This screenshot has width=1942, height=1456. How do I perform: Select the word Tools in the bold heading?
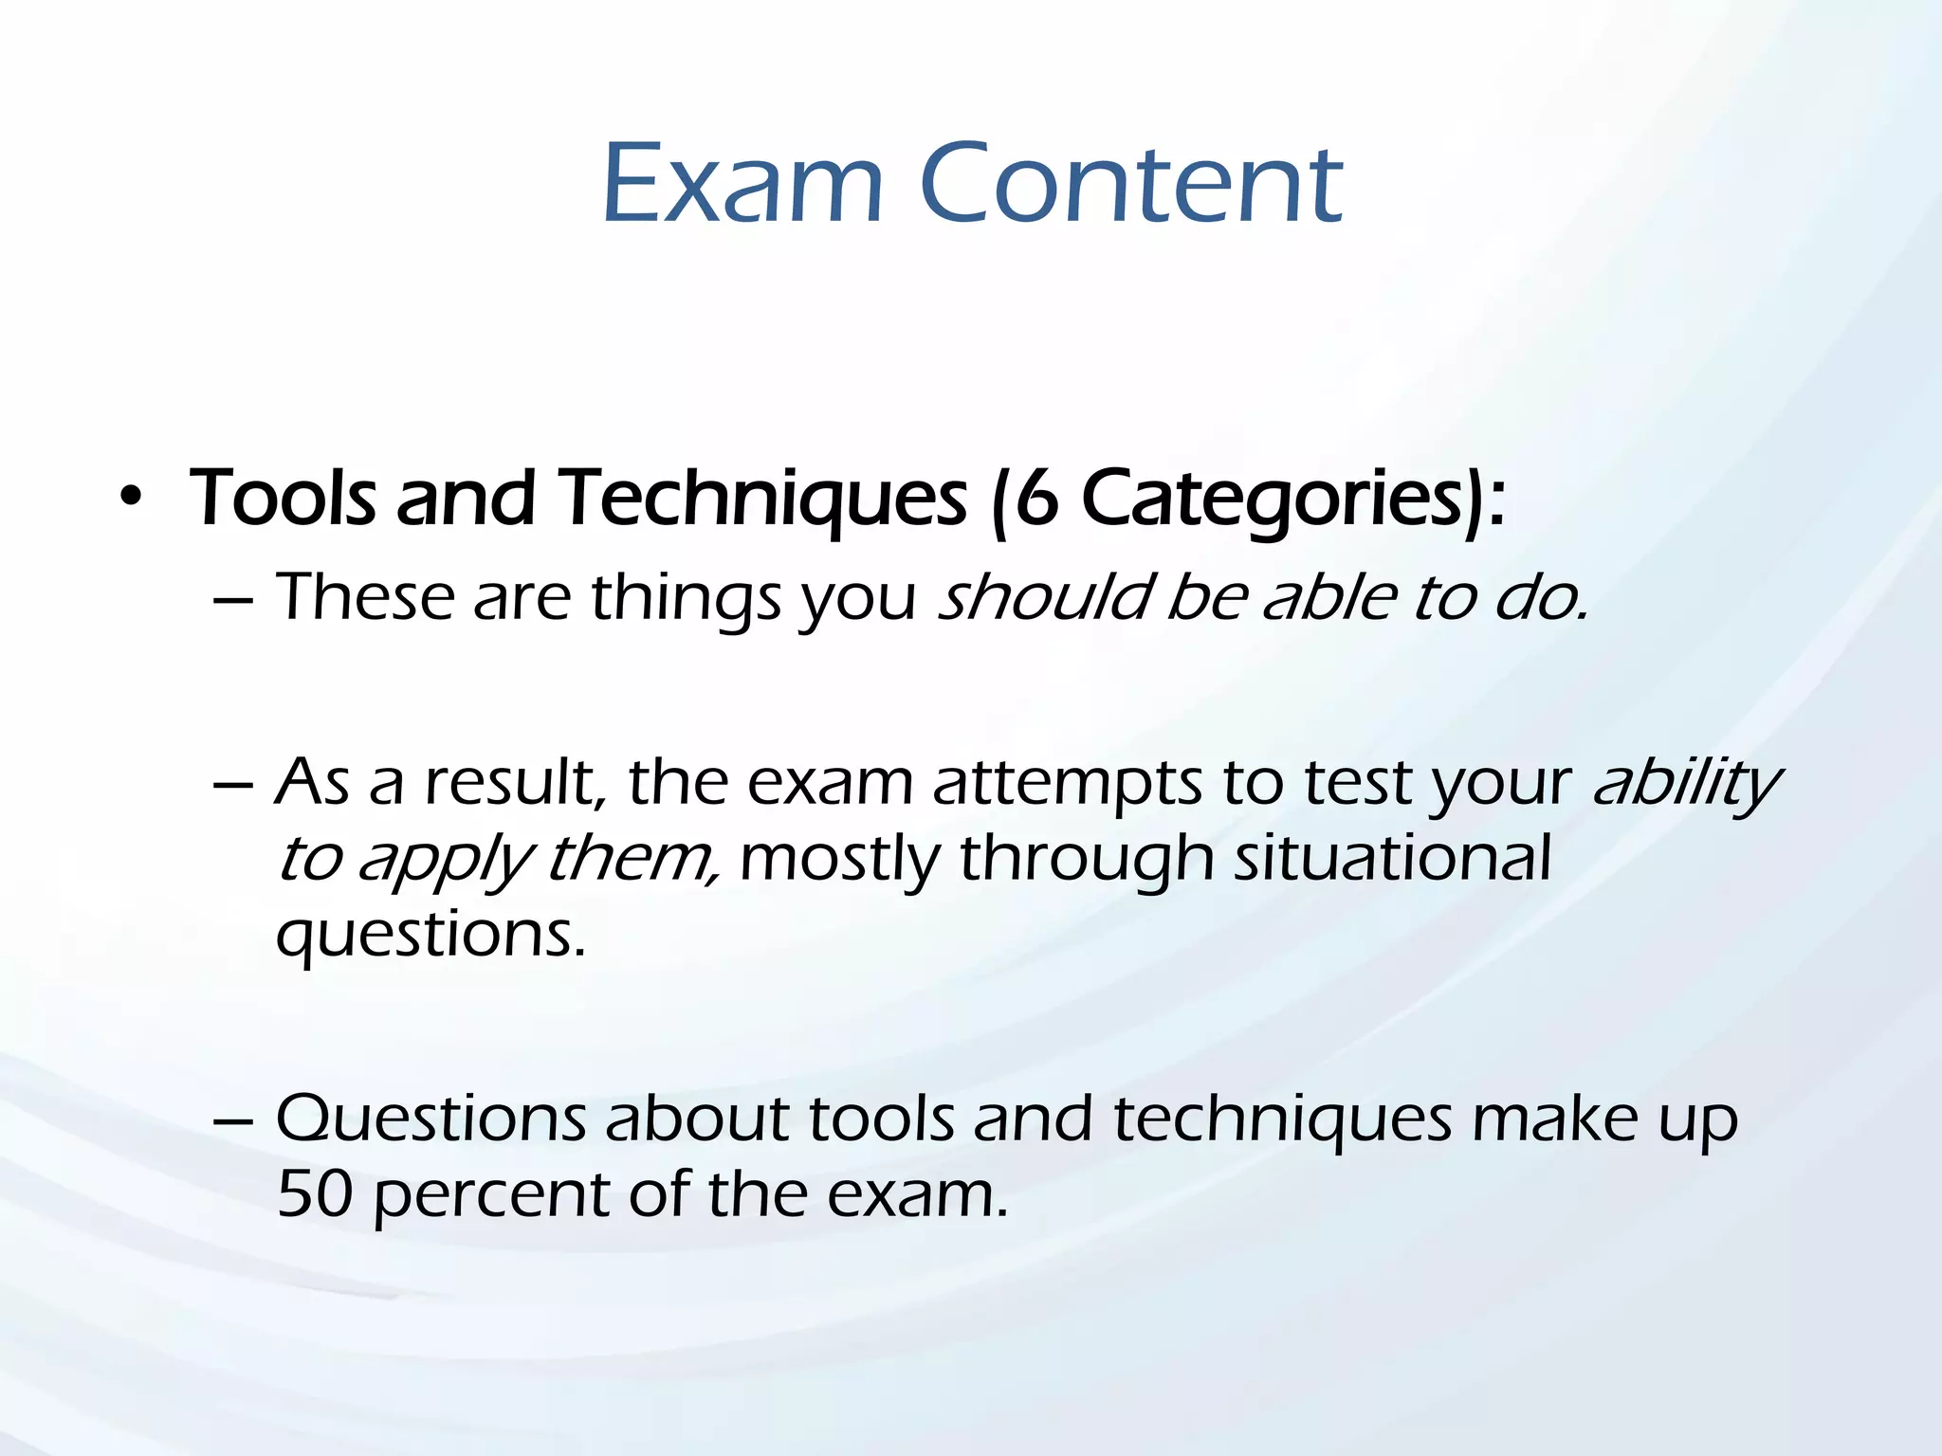[283, 499]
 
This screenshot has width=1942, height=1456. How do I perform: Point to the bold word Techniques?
[761, 500]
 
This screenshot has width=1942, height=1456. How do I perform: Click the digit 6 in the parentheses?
[1036, 499]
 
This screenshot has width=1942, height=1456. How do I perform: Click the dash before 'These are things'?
[233, 600]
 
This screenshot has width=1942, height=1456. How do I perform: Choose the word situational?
[1392, 858]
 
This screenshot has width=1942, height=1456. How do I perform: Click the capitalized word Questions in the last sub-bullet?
[431, 1119]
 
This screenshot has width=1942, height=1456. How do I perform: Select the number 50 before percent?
[315, 1193]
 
